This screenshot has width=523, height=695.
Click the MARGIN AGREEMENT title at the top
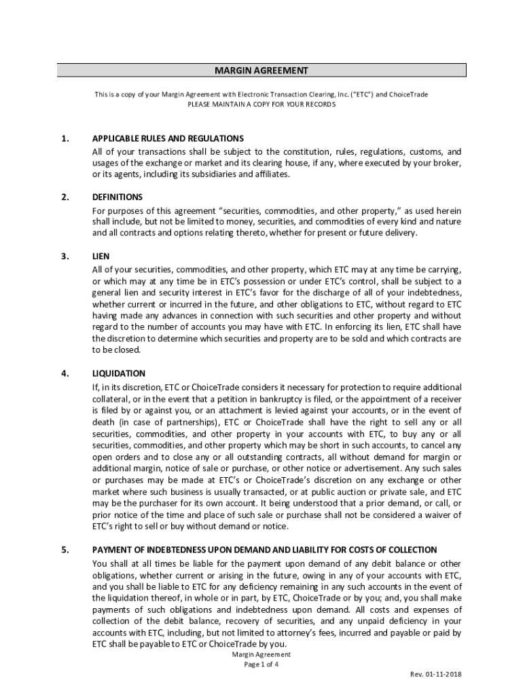261,71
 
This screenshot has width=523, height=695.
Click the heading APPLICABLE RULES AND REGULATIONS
168,138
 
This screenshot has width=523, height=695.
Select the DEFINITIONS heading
118,198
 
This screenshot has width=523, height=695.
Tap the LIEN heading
101,257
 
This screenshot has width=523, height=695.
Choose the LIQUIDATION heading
119,374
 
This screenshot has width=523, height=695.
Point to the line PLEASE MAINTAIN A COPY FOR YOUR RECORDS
261,105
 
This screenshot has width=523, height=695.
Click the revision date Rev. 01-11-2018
435,675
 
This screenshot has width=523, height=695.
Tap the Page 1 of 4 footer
261,664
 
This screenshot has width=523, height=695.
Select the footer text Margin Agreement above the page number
261,654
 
